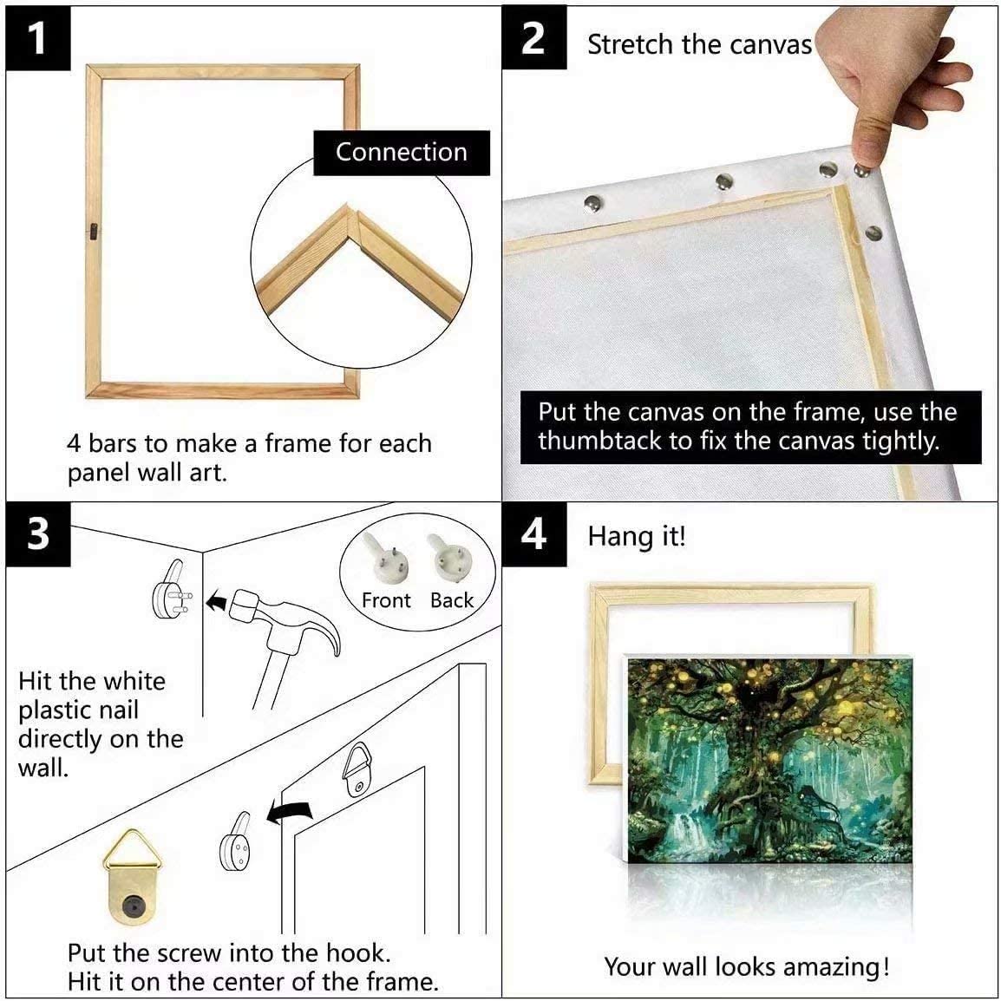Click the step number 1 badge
click(x=37, y=39)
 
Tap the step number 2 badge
click(x=533, y=39)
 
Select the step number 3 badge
click(x=37, y=534)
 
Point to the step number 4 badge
click(x=533, y=534)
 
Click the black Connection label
click(x=401, y=153)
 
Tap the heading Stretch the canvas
click(x=699, y=45)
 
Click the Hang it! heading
click(x=637, y=536)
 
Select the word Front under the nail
click(x=386, y=600)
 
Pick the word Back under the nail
click(x=452, y=600)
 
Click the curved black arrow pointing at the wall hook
click(x=290, y=813)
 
